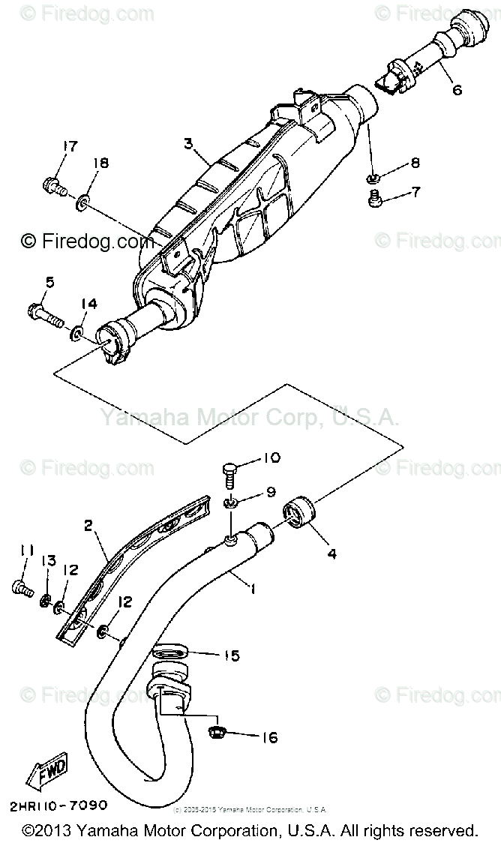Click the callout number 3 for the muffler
click(188, 142)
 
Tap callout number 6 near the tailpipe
click(457, 90)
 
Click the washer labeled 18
click(85, 200)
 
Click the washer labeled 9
click(232, 501)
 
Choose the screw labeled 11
click(20, 589)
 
